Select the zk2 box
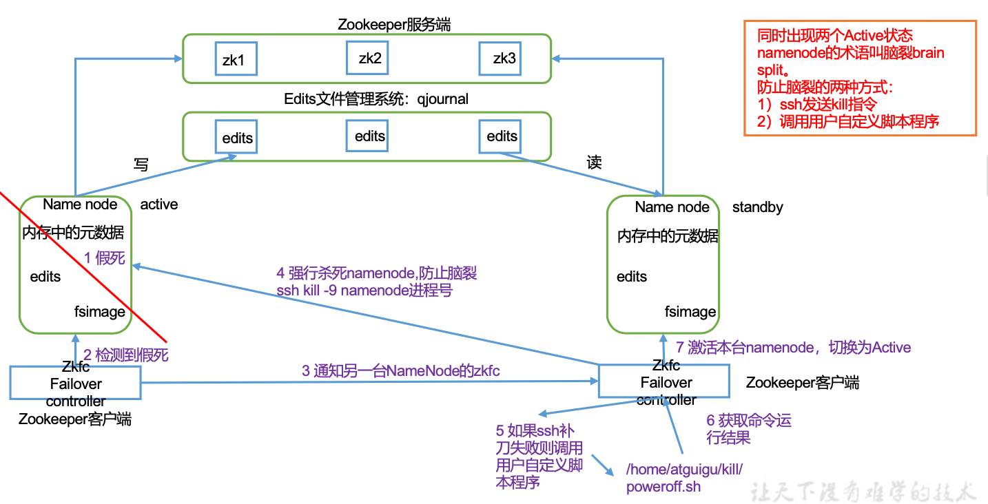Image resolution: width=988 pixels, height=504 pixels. click(369, 58)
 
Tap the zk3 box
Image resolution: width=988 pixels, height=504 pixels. click(504, 58)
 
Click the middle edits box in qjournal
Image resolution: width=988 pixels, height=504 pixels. click(369, 136)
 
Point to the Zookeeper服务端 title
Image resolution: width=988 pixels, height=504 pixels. click(394, 25)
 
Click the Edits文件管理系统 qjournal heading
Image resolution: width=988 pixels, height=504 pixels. click(376, 99)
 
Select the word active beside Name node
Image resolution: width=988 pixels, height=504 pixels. click(159, 204)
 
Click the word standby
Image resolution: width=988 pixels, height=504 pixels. click(757, 207)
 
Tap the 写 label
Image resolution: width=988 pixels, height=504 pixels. click(141, 164)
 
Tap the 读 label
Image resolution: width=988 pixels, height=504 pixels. click(594, 162)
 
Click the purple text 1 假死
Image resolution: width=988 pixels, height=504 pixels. click(105, 258)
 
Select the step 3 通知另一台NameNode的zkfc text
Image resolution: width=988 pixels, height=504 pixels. click(400, 371)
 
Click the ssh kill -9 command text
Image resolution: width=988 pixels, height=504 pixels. click(364, 291)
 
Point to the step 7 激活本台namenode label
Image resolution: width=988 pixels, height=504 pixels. click(793, 347)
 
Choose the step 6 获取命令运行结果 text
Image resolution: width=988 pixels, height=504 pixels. click(748, 428)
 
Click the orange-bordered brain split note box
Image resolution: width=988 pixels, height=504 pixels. click(860, 78)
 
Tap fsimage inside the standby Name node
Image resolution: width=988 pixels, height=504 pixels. click(690, 312)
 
